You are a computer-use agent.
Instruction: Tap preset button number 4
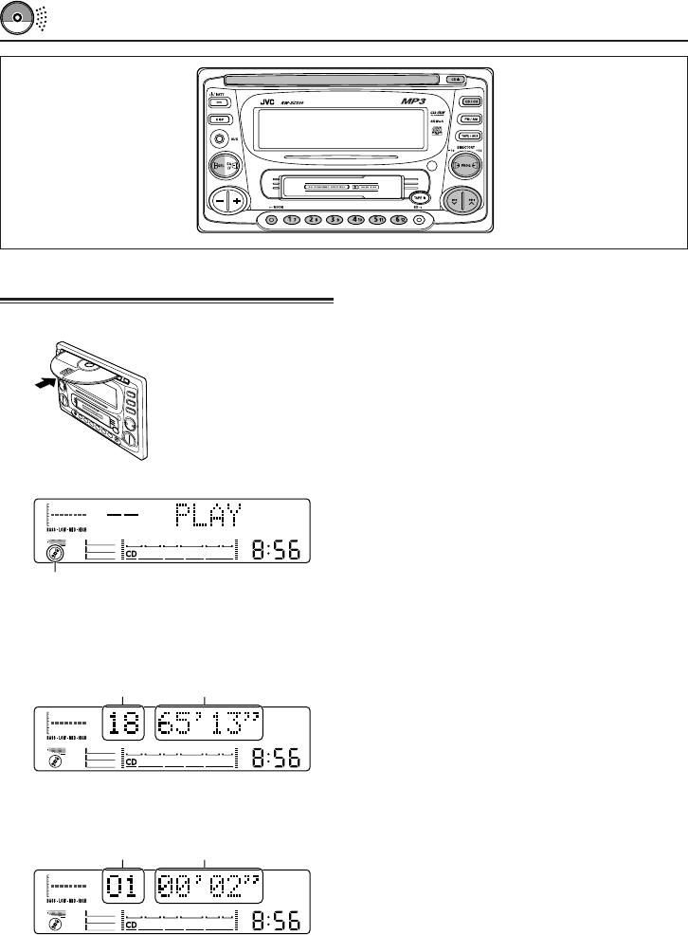tap(355, 219)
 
